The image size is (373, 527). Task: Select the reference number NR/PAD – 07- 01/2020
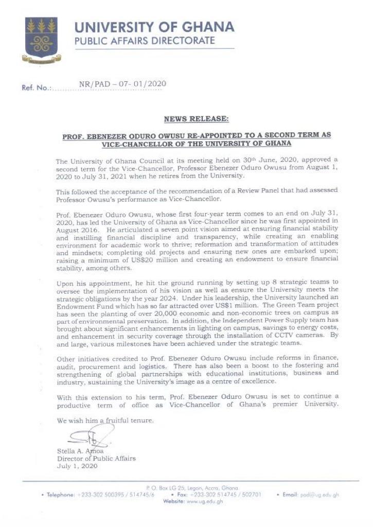click(122, 84)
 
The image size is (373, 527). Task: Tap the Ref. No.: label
click(37, 87)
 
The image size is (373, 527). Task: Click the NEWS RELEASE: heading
click(197, 119)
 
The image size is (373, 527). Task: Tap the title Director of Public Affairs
click(96, 459)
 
